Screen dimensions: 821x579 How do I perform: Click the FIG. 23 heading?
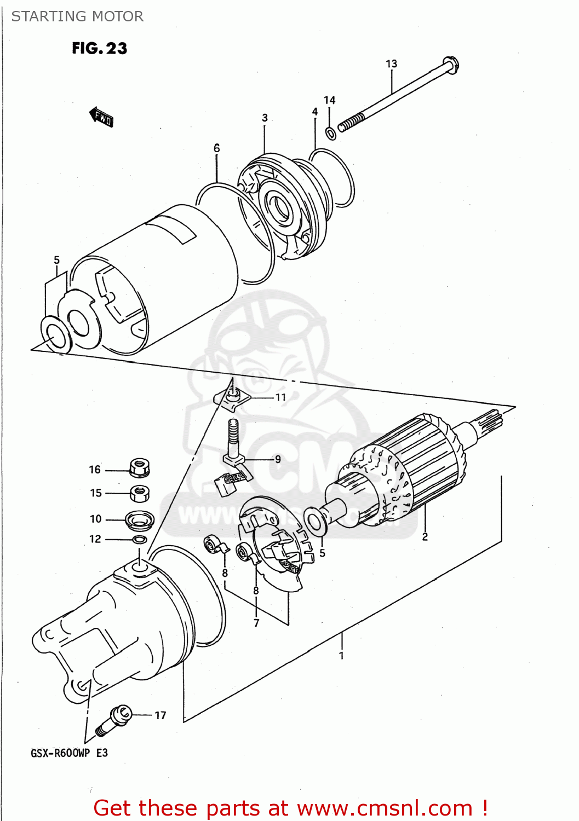(x=99, y=48)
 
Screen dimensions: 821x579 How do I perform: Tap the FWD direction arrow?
(x=101, y=117)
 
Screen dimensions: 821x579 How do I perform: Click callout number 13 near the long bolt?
(x=391, y=64)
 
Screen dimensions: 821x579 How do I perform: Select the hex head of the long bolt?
(x=450, y=66)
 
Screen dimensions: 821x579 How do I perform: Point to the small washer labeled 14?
(x=330, y=133)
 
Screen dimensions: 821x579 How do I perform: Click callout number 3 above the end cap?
(x=265, y=118)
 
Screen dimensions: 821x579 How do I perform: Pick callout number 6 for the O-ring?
(x=216, y=148)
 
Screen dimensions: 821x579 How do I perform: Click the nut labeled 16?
(x=140, y=469)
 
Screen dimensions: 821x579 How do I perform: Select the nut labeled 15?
(x=140, y=493)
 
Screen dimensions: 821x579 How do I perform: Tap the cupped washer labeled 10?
(x=140, y=519)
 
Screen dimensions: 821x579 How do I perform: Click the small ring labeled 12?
(x=140, y=540)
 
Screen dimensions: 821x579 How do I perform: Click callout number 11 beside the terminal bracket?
(x=280, y=397)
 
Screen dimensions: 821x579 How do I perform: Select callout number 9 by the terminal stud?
(x=278, y=459)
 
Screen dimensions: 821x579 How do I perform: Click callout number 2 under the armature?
(x=425, y=537)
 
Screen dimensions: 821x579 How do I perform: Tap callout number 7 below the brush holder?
(x=256, y=623)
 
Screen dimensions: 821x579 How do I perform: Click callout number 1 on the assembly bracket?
(x=341, y=655)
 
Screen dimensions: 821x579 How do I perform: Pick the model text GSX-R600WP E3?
(x=69, y=753)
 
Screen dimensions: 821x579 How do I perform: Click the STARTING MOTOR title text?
(x=77, y=16)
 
